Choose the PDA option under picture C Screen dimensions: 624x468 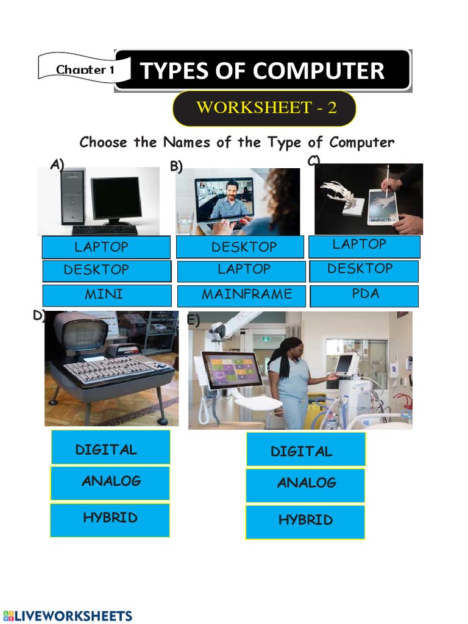(364, 295)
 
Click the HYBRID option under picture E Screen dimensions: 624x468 (305, 521)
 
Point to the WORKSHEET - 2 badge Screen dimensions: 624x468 (265, 108)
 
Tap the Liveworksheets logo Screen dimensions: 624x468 (68, 615)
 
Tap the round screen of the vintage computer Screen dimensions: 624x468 (80, 335)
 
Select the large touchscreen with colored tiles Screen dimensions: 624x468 (232, 370)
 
